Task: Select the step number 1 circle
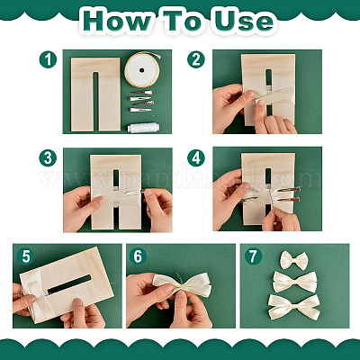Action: [48, 59]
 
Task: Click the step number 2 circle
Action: [196, 59]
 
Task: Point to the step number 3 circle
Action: [48, 157]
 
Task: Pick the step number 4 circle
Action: [196, 157]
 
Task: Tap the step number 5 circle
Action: [26, 256]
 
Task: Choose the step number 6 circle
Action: [138, 256]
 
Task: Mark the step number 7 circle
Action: [254, 256]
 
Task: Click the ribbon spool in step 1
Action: [142, 70]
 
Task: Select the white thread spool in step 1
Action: [143, 128]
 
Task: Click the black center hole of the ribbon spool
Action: [142, 70]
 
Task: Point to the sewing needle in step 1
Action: [142, 115]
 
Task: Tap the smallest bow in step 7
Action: [294, 260]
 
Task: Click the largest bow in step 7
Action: [294, 307]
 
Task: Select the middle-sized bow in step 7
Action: [294, 282]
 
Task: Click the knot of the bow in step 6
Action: [181, 285]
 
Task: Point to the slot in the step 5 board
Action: [69, 284]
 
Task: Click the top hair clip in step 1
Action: [141, 93]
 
